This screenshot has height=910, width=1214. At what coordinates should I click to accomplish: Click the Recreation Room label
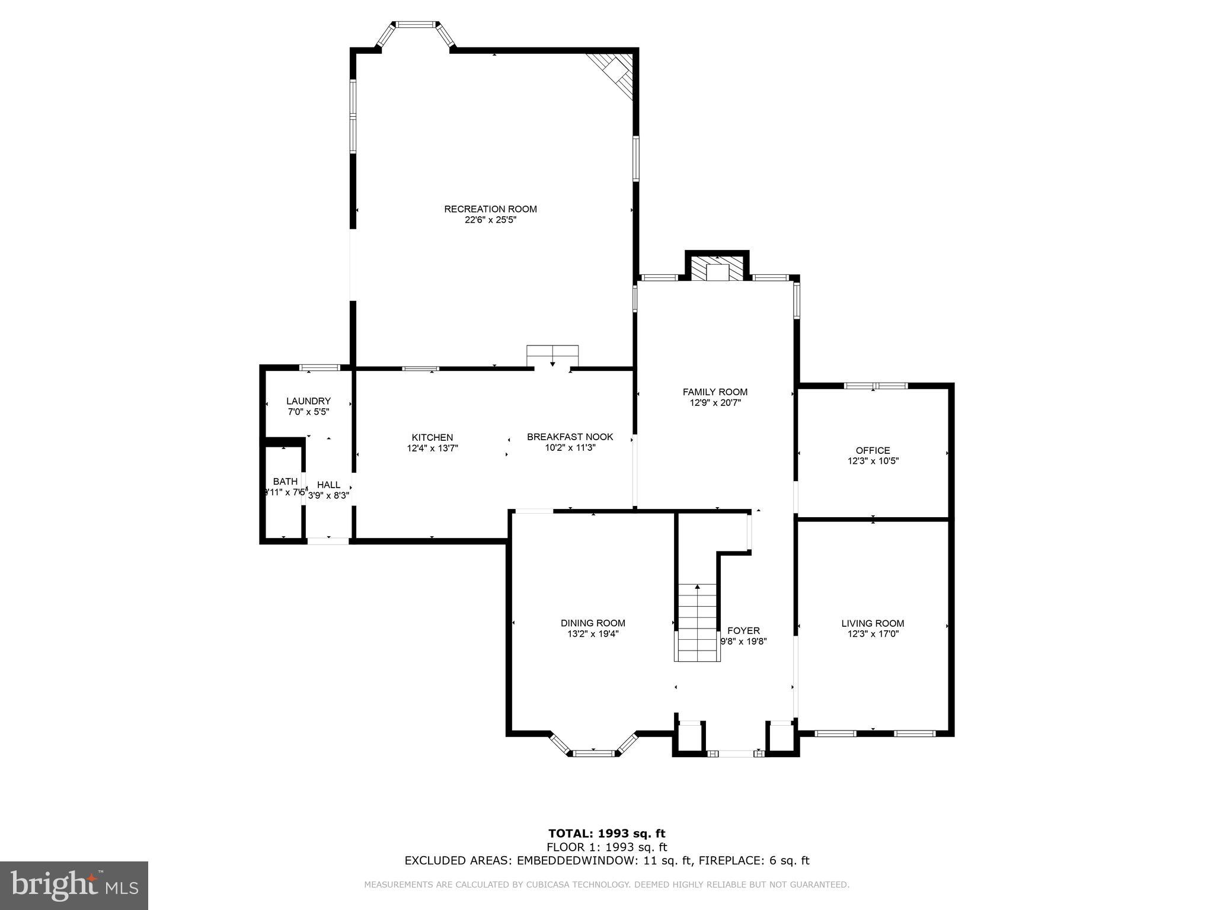coord(490,209)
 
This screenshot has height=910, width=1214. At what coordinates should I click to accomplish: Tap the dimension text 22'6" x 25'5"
coord(490,220)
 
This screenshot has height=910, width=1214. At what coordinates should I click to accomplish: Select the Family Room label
coord(715,392)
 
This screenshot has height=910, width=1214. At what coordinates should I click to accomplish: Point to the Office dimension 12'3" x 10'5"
coord(873,461)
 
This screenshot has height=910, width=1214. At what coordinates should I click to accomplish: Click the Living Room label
coord(873,623)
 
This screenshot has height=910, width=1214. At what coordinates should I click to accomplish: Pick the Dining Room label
coord(593,623)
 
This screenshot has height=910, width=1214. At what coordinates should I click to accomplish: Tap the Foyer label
coord(743,630)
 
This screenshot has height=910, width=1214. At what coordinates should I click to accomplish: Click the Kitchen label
coord(432,437)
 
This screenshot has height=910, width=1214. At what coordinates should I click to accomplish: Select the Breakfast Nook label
coord(570,437)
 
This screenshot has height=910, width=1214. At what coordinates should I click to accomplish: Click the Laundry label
coord(308,401)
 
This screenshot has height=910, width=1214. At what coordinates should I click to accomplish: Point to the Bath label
coord(285,481)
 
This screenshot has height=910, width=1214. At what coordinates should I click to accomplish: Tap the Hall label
coord(328,485)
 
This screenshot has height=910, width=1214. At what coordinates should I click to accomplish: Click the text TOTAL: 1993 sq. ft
coord(606,834)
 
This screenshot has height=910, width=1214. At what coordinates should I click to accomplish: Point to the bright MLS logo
coord(74,885)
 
